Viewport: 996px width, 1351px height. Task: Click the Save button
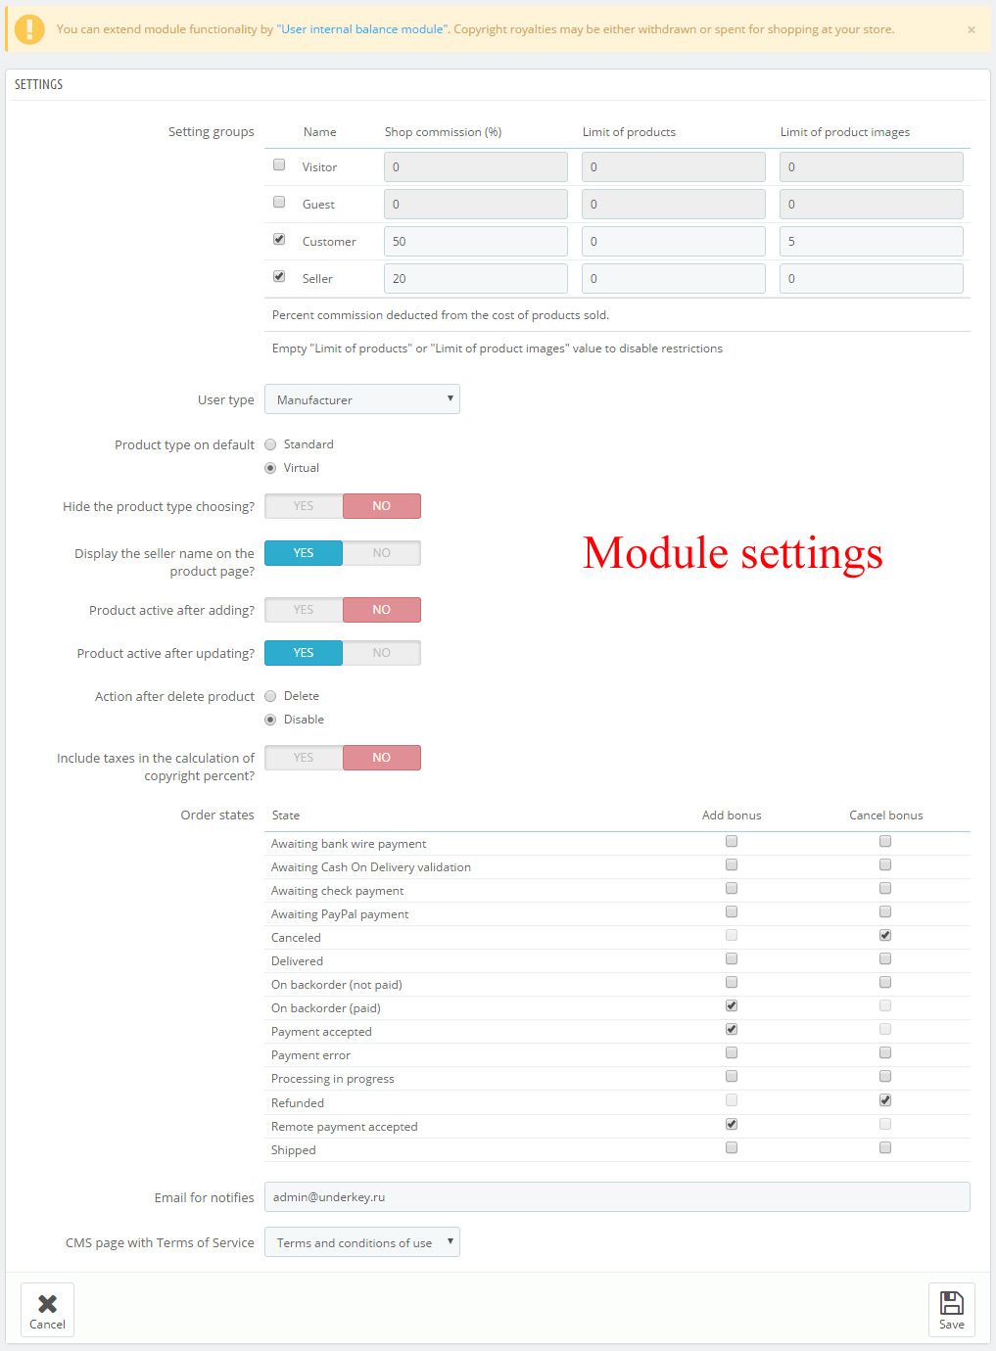(x=951, y=1309)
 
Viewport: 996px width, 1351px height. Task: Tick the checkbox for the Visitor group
(x=279, y=165)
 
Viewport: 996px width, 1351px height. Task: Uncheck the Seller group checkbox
(x=279, y=277)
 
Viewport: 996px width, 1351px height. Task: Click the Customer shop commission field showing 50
(x=475, y=242)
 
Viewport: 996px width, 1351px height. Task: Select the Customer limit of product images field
(x=871, y=242)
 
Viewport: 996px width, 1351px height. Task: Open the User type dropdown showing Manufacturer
(x=362, y=399)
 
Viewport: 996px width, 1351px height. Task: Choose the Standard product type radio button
(x=270, y=444)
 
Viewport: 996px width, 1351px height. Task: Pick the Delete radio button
(x=270, y=696)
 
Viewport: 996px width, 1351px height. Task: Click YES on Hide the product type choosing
(x=304, y=506)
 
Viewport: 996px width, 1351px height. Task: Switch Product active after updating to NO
(x=381, y=653)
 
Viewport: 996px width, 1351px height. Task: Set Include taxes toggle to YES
(x=304, y=758)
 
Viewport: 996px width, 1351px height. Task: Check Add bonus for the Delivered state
(x=732, y=959)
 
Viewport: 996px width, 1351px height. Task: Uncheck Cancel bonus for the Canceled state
(x=885, y=936)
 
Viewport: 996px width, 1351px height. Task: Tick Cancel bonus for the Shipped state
(x=885, y=1148)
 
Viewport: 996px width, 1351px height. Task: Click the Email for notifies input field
(x=617, y=1197)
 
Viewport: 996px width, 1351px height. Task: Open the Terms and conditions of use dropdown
(x=362, y=1242)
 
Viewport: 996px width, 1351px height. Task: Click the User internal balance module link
(x=362, y=29)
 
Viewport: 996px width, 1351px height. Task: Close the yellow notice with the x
(x=972, y=30)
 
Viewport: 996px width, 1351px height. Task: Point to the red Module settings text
(x=733, y=553)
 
